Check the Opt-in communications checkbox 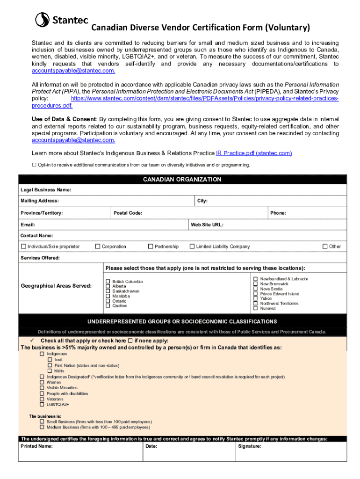34,165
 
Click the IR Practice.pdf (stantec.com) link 254,153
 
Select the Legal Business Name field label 45,190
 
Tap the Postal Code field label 128,213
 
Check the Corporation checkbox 98,247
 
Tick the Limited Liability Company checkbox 192,247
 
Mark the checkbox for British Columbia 108,282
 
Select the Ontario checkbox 108,301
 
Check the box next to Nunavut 256,308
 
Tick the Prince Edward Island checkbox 256,294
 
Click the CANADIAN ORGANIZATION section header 182,180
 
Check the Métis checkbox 50,371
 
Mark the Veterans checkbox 42,399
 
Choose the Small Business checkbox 42,421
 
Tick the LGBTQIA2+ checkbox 42,405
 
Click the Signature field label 250,446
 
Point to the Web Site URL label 207,225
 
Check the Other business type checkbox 325,247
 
